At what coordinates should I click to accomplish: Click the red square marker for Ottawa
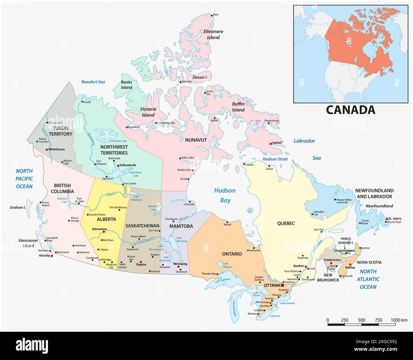click(x=282, y=285)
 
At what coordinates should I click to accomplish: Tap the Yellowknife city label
click(x=128, y=165)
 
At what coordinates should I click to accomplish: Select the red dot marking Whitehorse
click(x=47, y=149)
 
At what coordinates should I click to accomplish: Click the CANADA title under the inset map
click(x=350, y=110)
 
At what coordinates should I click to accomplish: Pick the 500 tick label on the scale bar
click(x=362, y=320)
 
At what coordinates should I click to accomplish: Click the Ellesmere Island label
click(x=213, y=34)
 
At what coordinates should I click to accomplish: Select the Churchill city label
click(x=189, y=204)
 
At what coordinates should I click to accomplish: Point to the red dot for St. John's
click(x=387, y=219)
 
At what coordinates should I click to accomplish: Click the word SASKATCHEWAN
click(x=142, y=226)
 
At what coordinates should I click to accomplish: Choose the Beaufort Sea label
click(x=93, y=82)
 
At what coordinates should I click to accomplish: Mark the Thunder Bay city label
click(x=209, y=274)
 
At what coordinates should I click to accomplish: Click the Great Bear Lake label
click(x=118, y=141)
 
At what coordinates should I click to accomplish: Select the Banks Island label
click(x=126, y=85)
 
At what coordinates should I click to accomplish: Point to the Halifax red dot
click(x=350, y=264)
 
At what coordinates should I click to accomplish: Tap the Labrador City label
click(x=318, y=213)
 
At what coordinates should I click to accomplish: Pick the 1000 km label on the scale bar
click(x=399, y=320)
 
